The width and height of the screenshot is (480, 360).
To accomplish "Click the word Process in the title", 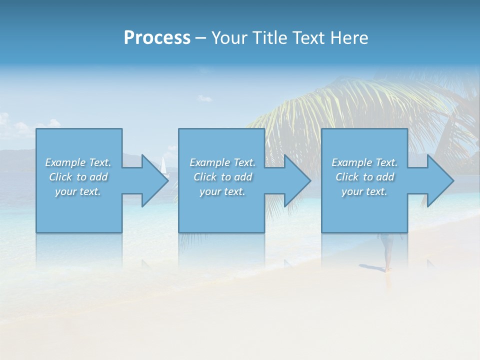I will [x=157, y=38].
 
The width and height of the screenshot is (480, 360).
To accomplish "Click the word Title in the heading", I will [x=269, y=38].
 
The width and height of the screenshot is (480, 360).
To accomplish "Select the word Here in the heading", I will [x=349, y=38].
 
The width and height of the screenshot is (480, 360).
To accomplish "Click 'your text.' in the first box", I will [x=78, y=191].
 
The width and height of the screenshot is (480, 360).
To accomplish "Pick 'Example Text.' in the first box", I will [x=78, y=162].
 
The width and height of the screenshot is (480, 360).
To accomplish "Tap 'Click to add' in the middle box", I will [x=222, y=177].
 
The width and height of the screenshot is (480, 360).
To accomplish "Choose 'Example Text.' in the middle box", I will [x=222, y=162].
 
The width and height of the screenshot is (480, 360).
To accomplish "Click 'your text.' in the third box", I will [x=364, y=191].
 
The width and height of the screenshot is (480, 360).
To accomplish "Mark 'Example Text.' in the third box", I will [x=364, y=162].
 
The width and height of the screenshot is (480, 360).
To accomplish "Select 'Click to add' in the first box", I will [x=78, y=177].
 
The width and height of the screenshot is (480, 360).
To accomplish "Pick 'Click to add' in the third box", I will [x=364, y=177].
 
